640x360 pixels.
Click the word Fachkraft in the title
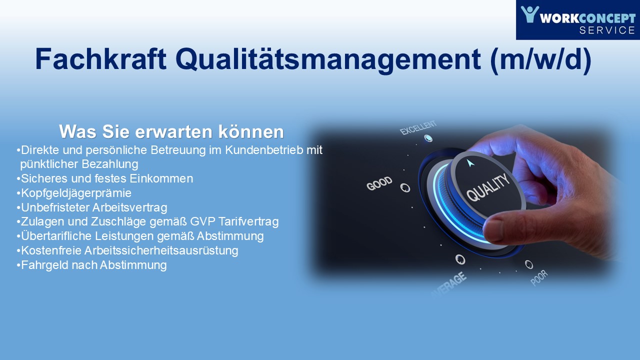coord(100,59)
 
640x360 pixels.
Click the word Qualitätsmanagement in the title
coord(328,60)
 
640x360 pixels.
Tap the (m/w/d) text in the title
coord(540,60)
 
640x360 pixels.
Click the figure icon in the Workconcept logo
coord(529,14)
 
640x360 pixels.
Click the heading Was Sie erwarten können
coord(171,131)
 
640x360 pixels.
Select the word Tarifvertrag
coord(248,221)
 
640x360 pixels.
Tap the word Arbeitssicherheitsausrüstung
coord(161,250)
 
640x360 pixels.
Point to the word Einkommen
coord(161,178)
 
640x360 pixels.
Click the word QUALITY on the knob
coord(488,187)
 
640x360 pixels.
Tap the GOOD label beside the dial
coord(379,183)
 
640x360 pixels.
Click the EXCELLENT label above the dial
coord(418,127)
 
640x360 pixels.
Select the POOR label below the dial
coord(539,277)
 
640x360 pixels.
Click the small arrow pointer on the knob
coord(470,163)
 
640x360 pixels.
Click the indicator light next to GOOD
coord(405,187)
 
